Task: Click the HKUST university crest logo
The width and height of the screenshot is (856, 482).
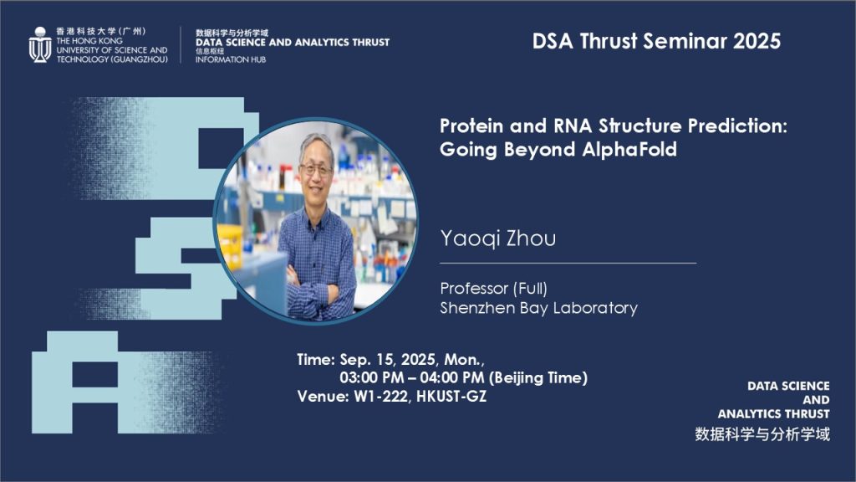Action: coord(40,45)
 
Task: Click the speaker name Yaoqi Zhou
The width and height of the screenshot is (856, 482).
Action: coord(498,238)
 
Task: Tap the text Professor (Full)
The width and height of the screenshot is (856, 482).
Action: coord(493,289)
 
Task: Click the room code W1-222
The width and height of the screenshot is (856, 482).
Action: coord(381,396)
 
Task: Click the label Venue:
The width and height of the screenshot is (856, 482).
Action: coord(323,396)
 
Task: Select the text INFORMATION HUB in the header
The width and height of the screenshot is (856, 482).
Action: coord(231,59)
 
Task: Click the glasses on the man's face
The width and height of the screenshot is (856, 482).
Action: coord(315,169)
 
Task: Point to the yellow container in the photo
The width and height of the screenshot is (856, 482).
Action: coord(230,240)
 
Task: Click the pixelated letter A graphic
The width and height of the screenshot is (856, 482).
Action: coord(75,382)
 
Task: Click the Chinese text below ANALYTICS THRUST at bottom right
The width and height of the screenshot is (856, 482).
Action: coord(762,434)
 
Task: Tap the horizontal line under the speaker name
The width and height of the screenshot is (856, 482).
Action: coord(568,264)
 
